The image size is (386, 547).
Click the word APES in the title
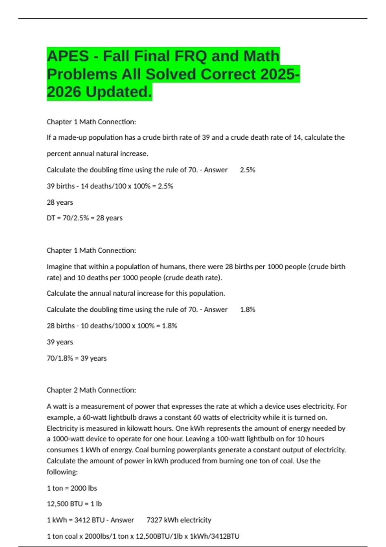point(68,56)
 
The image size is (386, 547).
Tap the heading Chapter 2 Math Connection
point(91,390)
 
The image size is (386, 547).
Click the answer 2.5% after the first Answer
point(247,170)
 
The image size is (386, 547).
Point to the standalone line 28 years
point(60,202)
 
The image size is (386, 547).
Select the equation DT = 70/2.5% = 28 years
point(85,218)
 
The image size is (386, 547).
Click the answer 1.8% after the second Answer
point(247,310)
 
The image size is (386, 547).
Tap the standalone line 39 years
point(60,342)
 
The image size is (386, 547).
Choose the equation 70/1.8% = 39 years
point(77,358)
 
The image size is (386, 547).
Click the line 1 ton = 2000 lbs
point(72,488)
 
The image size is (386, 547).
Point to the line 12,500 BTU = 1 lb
point(74,504)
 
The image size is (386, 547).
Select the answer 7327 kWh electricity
point(179,520)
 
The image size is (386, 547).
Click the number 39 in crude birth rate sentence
point(206,137)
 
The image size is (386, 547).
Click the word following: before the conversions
point(62,472)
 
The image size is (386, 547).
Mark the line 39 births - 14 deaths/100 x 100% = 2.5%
point(110,186)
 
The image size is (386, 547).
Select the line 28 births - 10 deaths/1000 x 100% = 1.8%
point(112,326)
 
